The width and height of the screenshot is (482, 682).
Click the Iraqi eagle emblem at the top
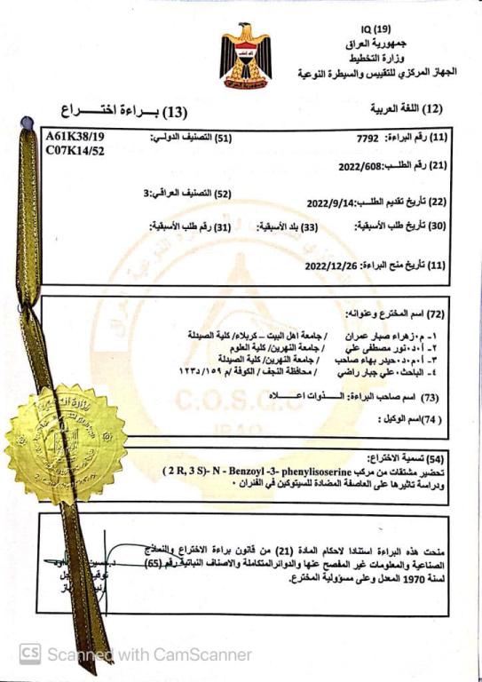[246, 52]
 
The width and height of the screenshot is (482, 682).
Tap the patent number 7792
[367, 139]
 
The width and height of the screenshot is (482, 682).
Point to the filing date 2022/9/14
[330, 202]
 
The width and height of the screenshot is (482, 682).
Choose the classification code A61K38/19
[75, 137]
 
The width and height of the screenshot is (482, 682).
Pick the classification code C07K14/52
[74, 152]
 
